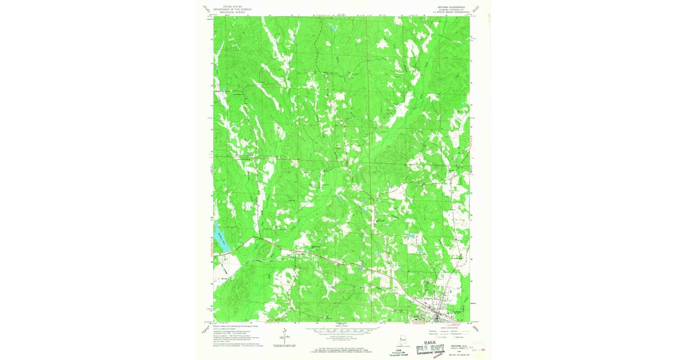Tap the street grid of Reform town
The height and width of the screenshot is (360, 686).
pyautogui.click(x=439, y=314)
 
